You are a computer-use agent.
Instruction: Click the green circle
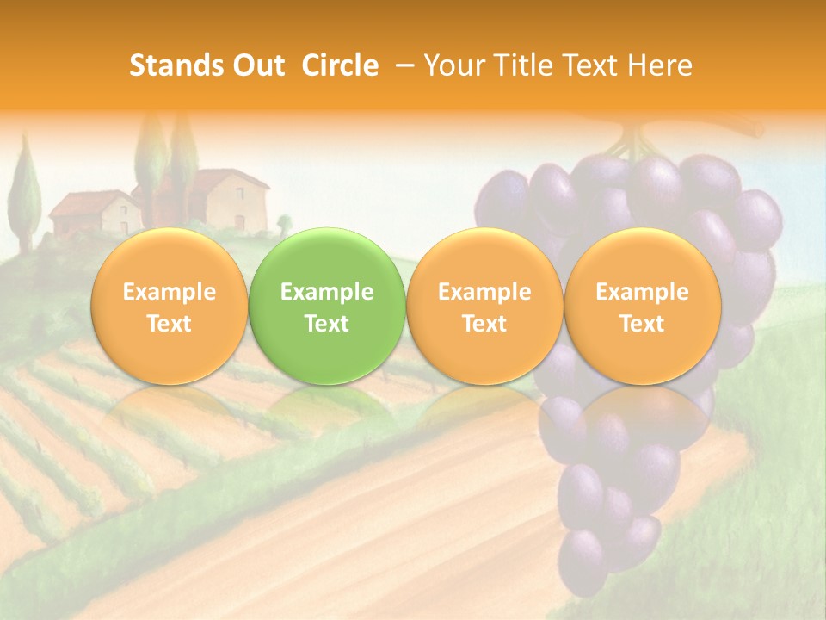[x=327, y=307]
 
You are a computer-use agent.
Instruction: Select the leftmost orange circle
[x=169, y=307]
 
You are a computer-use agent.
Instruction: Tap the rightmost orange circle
[x=642, y=307]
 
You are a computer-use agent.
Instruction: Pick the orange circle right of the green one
[x=484, y=307]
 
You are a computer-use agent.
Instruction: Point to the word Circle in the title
[x=340, y=65]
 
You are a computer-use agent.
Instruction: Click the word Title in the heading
[x=518, y=65]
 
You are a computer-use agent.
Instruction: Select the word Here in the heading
[x=661, y=65]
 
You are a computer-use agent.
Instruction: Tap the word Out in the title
[x=254, y=65]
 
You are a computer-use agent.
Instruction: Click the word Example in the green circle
[x=327, y=292]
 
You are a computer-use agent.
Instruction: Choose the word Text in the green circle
[x=327, y=324]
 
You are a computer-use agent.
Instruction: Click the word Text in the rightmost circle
[x=642, y=324]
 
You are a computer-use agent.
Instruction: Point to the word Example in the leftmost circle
[x=169, y=292]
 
